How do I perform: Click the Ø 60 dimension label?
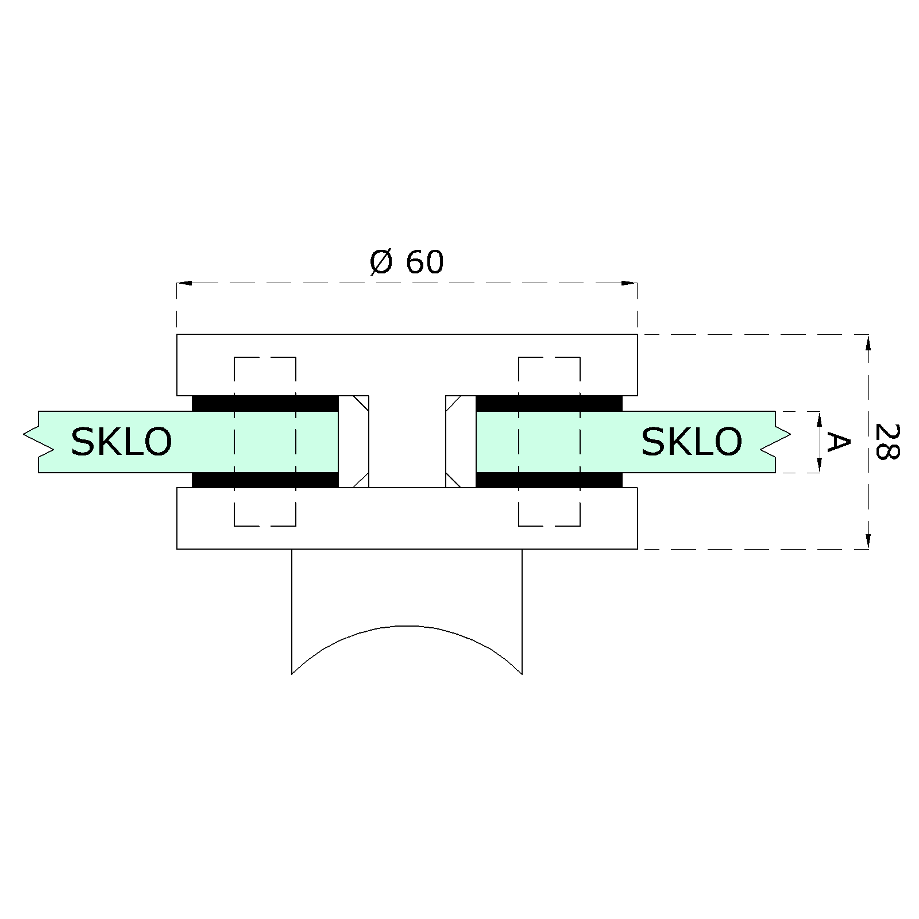(x=407, y=262)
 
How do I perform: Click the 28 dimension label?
(x=887, y=442)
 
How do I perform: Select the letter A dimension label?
(x=838, y=442)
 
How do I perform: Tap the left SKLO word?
(x=121, y=442)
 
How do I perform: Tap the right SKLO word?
(x=692, y=442)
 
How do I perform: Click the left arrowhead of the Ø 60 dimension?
(x=184, y=283)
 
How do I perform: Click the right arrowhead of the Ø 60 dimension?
(x=630, y=283)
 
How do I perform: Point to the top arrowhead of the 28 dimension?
(x=868, y=342)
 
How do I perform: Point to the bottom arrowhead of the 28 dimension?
(x=868, y=542)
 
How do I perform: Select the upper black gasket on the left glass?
(x=265, y=404)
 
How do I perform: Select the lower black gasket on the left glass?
(x=265, y=480)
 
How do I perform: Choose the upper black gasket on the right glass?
(x=549, y=404)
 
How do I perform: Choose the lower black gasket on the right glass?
(x=549, y=480)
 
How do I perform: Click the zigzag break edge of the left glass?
(x=32, y=442)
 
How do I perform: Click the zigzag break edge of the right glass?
(x=782, y=442)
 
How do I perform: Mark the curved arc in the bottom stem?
(x=407, y=626)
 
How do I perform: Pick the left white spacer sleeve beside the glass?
(x=353, y=442)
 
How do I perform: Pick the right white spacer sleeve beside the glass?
(x=461, y=442)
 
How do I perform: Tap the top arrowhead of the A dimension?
(x=818, y=419)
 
